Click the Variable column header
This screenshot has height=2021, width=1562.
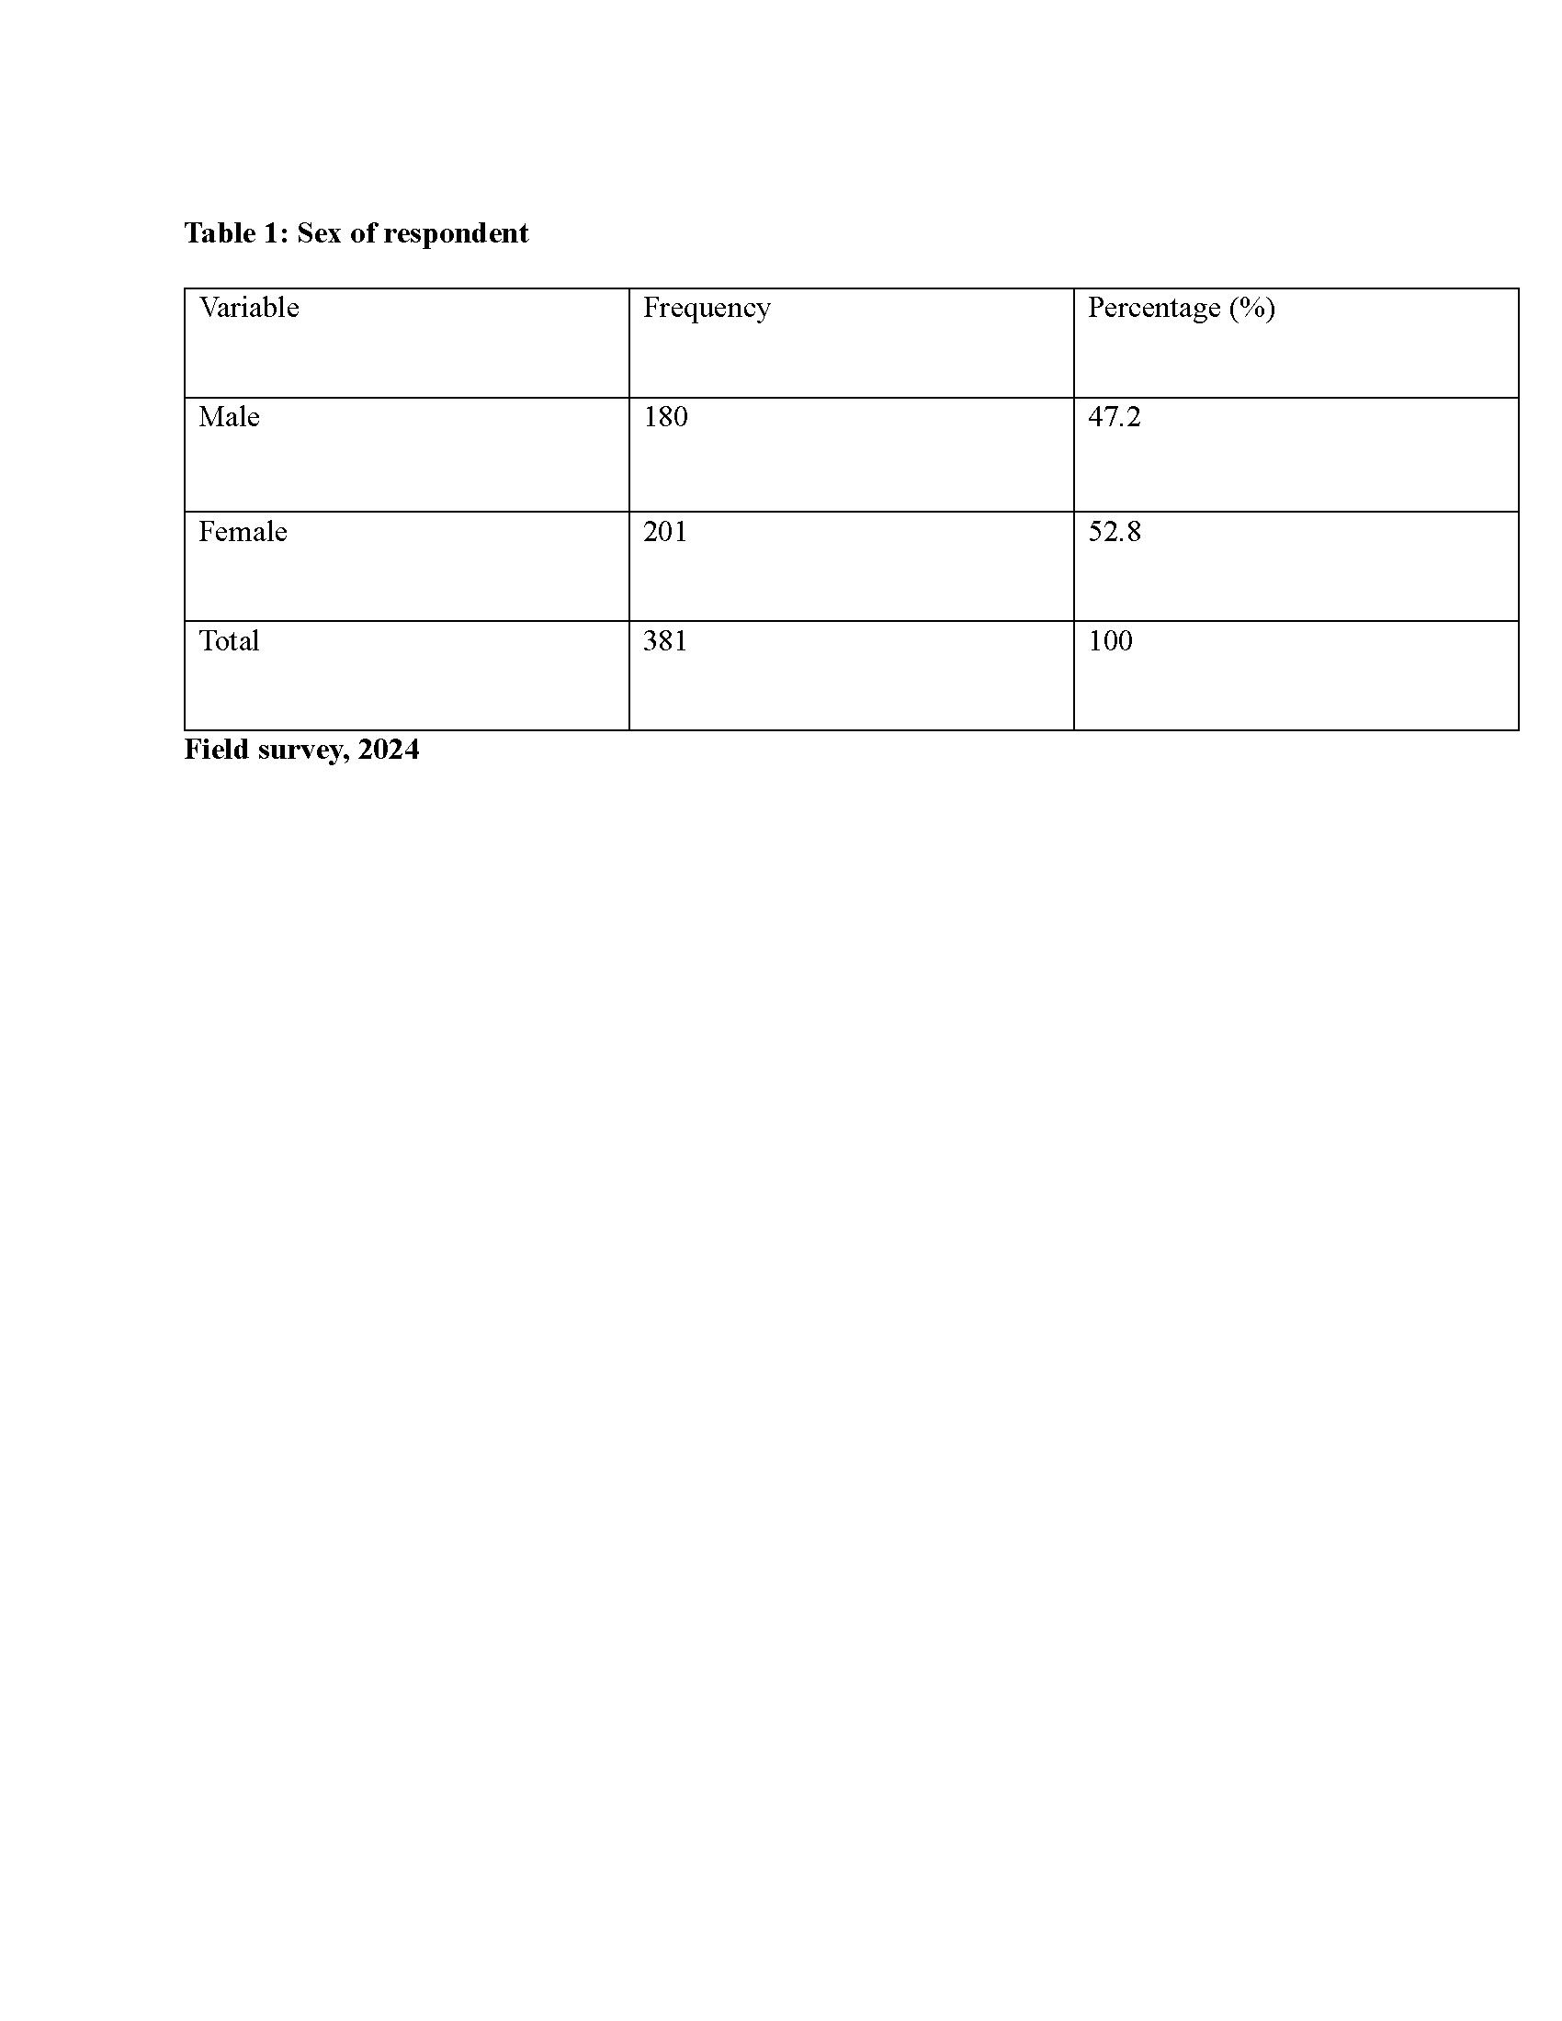pyautogui.click(x=249, y=307)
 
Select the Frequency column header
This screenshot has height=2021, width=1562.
pyautogui.click(x=706, y=309)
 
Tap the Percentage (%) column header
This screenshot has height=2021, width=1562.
pyautogui.click(x=1181, y=309)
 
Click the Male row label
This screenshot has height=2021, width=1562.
pyautogui.click(x=229, y=417)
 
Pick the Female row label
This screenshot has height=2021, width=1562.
pyautogui.click(x=243, y=532)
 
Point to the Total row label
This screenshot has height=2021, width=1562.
pyautogui.click(x=229, y=641)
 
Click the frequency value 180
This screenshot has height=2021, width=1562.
pyautogui.click(x=665, y=417)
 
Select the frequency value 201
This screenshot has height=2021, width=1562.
pyautogui.click(x=665, y=532)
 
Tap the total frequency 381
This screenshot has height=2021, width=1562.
pyautogui.click(x=665, y=641)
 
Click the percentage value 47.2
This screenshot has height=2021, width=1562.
pyautogui.click(x=1115, y=417)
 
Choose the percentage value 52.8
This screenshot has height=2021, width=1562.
pyautogui.click(x=1115, y=532)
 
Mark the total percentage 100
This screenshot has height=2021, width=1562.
pyautogui.click(x=1110, y=641)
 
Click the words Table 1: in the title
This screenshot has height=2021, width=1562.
pyautogui.click(x=237, y=233)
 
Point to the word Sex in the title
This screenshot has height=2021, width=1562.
pyautogui.click(x=319, y=233)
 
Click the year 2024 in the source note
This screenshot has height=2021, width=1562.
pyautogui.click(x=389, y=750)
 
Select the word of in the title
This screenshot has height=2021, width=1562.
pyautogui.click(x=363, y=233)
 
